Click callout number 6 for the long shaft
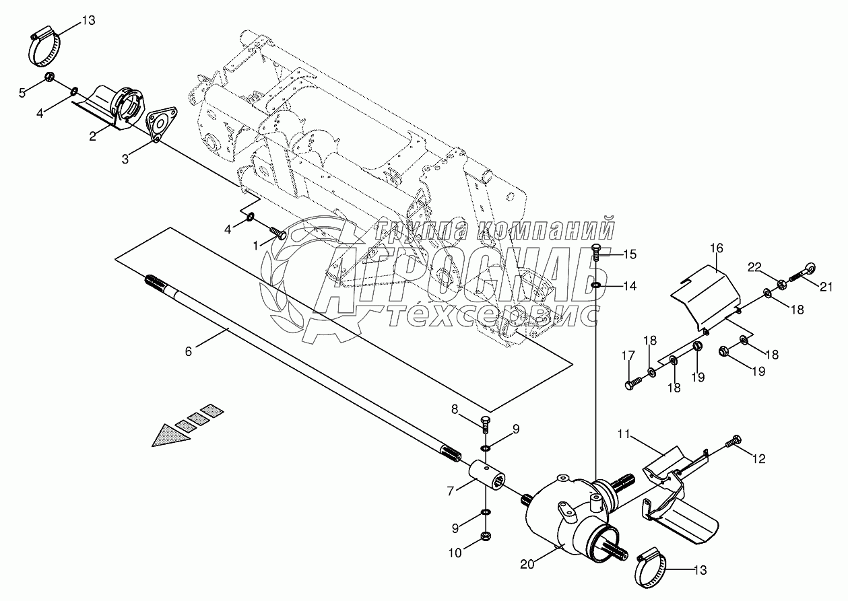coord(189,351)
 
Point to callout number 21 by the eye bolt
coord(826,287)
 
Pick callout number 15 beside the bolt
coord(629,254)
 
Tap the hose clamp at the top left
coord(44,48)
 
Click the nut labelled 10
coord(485,536)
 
